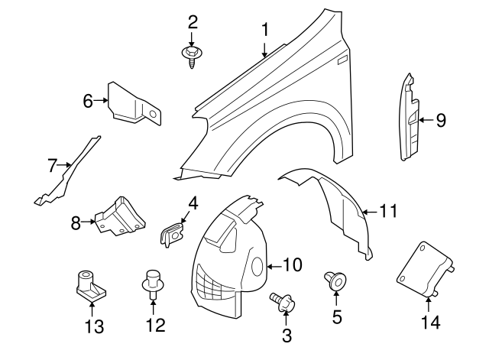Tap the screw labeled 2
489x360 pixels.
coord(190,55)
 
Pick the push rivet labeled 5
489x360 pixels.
coord(336,281)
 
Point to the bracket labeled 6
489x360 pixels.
coord(134,103)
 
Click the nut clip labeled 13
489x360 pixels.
coord(89,284)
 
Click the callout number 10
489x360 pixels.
coord(293,265)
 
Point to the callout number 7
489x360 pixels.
coord(52,164)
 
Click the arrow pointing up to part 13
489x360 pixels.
coord(92,307)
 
